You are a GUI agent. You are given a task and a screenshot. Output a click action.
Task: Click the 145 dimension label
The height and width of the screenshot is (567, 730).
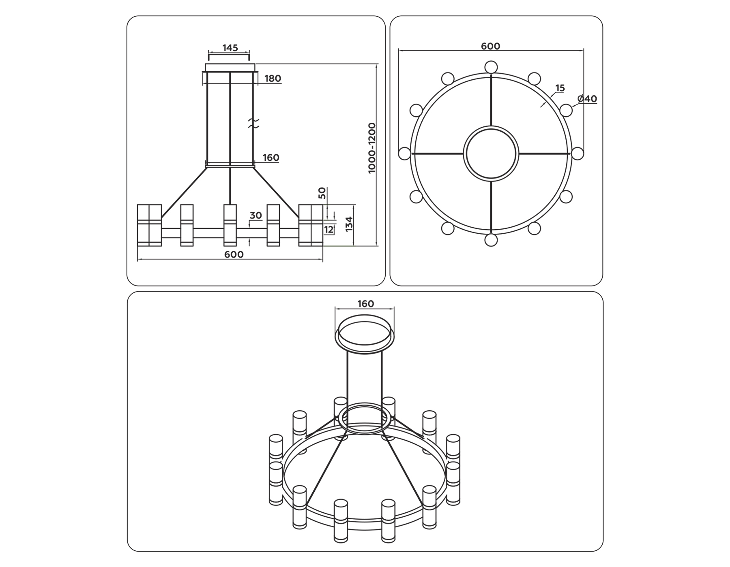pyautogui.click(x=230, y=48)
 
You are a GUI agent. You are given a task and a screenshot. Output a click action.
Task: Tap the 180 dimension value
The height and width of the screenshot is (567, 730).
pyautogui.click(x=273, y=79)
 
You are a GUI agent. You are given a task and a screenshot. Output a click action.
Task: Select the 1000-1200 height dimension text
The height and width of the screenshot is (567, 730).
pyautogui.click(x=372, y=148)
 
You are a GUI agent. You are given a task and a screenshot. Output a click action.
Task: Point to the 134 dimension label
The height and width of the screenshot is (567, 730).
pyautogui.click(x=349, y=224)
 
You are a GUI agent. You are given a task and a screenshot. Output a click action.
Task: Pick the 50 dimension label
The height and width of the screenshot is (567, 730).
pyautogui.click(x=322, y=193)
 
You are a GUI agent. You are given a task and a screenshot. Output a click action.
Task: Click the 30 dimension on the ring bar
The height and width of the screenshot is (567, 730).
pyautogui.click(x=255, y=215)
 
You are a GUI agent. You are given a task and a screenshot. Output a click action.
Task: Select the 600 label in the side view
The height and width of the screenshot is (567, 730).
pyautogui.click(x=234, y=254)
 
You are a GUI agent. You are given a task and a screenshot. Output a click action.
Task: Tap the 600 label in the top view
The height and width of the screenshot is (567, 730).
pyautogui.click(x=490, y=46)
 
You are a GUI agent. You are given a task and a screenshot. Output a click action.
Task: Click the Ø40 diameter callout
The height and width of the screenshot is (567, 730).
pyautogui.click(x=587, y=99)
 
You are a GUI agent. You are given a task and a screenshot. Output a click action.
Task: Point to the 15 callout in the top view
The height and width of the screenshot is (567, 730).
pyautogui.click(x=560, y=88)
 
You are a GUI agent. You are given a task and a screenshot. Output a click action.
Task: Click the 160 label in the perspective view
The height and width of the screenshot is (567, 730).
pyautogui.click(x=365, y=304)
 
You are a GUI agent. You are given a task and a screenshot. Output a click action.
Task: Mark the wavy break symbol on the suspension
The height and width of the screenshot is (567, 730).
pyautogui.click(x=253, y=124)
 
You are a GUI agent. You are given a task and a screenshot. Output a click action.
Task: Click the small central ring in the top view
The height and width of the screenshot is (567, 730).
pyautogui.click(x=491, y=153)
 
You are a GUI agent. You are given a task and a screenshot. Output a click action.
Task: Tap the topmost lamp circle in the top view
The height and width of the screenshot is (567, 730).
pyautogui.click(x=491, y=67)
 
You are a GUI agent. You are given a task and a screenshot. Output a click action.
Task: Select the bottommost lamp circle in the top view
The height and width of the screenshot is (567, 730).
pyautogui.click(x=491, y=240)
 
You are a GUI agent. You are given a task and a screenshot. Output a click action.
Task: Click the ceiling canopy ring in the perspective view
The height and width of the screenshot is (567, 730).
pyautogui.click(x=365, y=333)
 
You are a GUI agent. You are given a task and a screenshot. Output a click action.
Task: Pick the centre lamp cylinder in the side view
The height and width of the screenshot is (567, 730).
pyautogui.click(x=230, y=225)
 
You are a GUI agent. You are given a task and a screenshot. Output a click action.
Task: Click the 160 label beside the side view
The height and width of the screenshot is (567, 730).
pyautogui.click(x=271, y=158)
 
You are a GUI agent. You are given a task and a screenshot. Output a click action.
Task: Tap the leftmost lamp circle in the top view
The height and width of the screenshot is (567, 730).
pyautogui.click(x=405, y=153)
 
